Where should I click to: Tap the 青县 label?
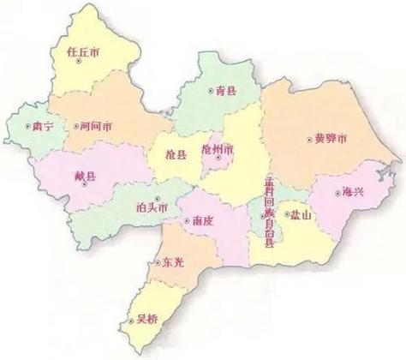[226, 88]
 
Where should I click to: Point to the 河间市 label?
[93, 126]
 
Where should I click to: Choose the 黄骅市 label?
[331, 138]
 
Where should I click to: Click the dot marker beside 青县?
[211, 88]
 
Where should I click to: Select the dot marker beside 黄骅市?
[308, 138]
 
